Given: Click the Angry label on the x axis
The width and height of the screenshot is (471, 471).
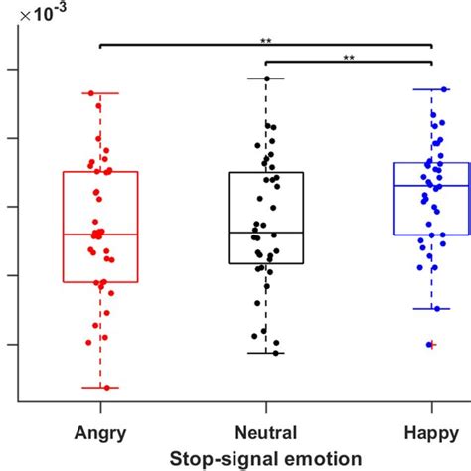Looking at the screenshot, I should tap(99, 434).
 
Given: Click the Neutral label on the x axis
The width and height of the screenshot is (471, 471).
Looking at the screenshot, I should tap(265, 434).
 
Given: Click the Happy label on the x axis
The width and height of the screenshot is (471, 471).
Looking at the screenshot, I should tap(431, 434).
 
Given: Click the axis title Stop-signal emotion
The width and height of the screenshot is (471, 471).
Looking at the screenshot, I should tap(265, 457).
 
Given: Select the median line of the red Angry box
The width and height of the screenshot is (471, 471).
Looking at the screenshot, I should tap(99, 235).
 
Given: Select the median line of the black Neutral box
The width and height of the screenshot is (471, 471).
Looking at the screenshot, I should tap(265, 233).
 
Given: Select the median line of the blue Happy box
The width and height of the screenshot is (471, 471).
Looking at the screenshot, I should tap(431, 186).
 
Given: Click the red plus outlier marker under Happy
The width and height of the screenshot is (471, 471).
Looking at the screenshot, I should tap(430, 345).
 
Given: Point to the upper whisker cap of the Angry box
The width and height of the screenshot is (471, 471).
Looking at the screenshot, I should tap(99, 93).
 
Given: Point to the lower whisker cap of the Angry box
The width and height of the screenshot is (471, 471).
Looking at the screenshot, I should tap(99, 388).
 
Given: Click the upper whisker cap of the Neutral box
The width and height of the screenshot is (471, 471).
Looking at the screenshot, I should tap(265, 78).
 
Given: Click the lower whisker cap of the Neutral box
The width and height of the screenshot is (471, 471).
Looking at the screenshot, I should tap(265, 353).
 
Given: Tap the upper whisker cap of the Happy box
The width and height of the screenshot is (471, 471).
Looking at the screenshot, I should tap(431, 89).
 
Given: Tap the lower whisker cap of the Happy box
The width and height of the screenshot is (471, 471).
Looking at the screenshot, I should tap(431, 309).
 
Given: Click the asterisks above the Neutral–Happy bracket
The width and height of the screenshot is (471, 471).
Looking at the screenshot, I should tap(349, 58).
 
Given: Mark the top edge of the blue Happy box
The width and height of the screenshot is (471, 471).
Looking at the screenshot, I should tap(431, 163).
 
